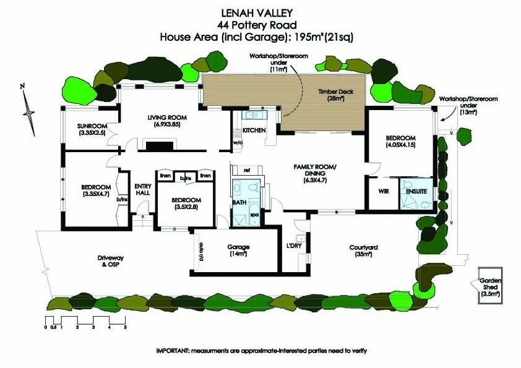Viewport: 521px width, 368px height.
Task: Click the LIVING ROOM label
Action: pyautogui.click(x=167, y=118)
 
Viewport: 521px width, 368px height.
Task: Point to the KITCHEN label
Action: pyautogui.click(x=254, y=131)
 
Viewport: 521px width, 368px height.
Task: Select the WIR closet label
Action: pyautogui.click(x=383, y=191)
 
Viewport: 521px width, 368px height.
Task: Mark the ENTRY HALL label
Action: pyautogui.click(x=143, y=190)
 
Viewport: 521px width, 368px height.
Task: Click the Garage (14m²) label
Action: pyautogui.click(x=238, y=249)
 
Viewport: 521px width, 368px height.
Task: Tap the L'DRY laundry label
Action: pyautogui.click(x=294, y=246)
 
